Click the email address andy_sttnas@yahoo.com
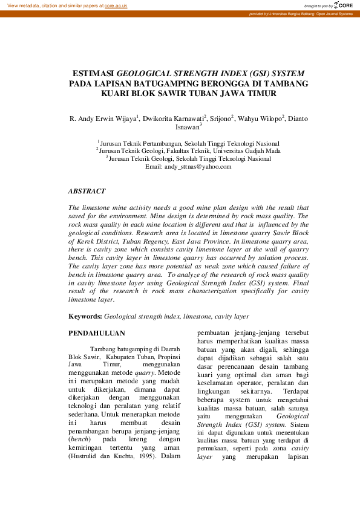point(197,166)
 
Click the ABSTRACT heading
point(87,191)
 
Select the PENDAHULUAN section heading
point(97,333)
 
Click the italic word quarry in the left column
point(144,373)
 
